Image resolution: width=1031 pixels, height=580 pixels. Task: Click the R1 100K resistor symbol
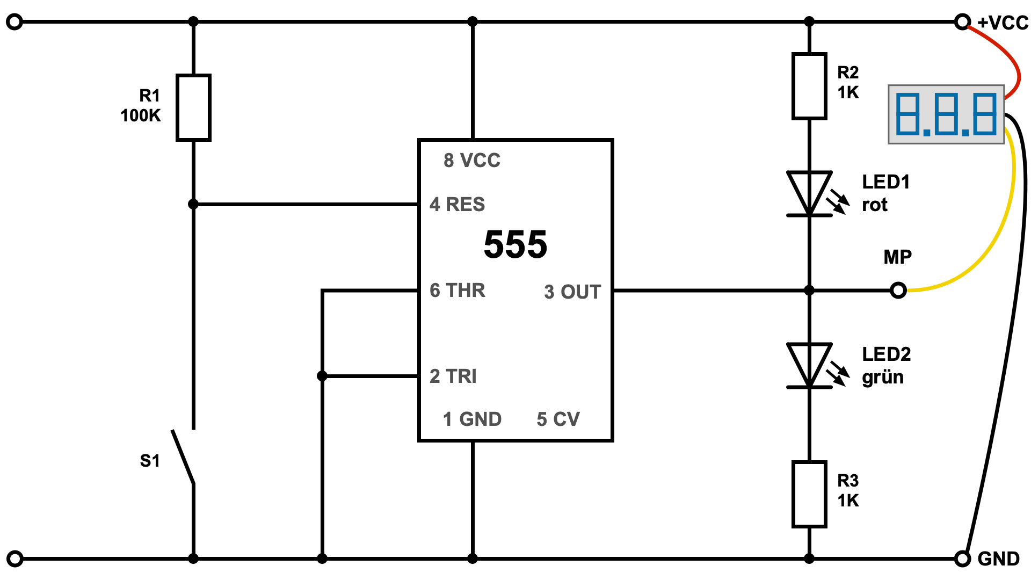193,107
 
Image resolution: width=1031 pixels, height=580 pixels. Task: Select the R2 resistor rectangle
809,86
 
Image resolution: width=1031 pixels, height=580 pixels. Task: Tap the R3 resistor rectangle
809,494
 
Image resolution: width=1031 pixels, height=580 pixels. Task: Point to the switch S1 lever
183,456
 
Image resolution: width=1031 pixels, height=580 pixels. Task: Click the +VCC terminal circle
962,22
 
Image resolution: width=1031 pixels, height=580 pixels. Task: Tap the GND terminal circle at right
962,559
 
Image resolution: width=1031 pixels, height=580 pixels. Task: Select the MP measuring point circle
898,291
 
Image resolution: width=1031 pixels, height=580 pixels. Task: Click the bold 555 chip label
515,245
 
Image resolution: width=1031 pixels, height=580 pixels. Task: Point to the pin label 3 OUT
572,292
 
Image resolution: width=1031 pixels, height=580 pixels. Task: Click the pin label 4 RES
457,205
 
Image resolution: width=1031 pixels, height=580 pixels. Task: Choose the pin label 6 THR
457,291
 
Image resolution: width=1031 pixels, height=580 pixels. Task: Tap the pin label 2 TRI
453,376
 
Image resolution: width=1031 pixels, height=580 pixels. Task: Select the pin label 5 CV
558,419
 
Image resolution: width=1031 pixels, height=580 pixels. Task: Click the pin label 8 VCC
471,160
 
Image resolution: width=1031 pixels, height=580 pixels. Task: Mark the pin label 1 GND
472,419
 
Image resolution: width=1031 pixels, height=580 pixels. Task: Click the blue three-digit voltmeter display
946,114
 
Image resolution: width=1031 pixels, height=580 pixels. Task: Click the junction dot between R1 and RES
193,205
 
